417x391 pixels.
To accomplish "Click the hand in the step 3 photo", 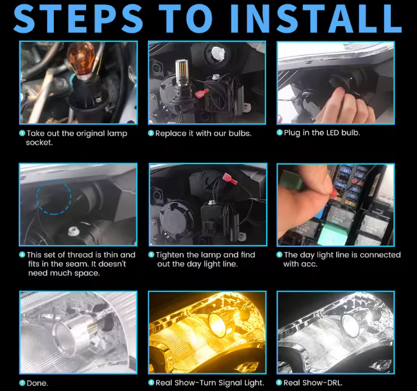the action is click(346, 106).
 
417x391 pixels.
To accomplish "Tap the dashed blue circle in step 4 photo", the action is click(54, 197).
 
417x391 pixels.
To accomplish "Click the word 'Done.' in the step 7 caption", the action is click(37, 383).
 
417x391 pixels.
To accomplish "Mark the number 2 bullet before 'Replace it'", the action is click(151, 133).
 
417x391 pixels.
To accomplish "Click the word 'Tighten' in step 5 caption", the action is click(170, 255).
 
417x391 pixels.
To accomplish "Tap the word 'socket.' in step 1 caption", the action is click(39, 143).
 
